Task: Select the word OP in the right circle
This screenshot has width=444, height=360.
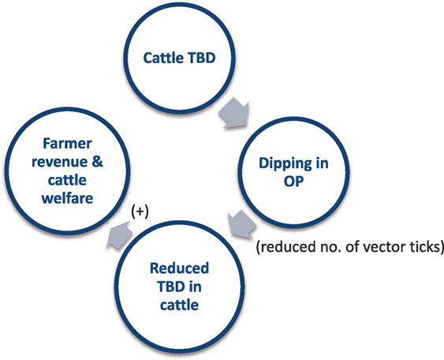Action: point(293,182)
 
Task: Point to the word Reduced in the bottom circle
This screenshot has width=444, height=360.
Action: point(179,268)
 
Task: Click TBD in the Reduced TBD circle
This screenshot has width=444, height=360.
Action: point(171,287)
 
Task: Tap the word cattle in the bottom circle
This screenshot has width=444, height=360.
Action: point(179,305)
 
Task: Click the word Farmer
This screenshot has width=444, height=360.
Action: point(67,144)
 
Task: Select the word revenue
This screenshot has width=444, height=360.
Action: point(59,163)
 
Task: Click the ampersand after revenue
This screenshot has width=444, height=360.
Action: point(98,162)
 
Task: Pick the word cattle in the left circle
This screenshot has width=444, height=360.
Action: point(67,180)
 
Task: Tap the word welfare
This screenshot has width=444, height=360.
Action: point(67,198)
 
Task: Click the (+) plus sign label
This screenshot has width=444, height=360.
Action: point(140,212)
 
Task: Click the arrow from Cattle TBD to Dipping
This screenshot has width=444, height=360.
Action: point(234,113)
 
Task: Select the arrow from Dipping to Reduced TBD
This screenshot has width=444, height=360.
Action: point(241,225)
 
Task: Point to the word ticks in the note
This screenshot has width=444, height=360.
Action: point(426,246)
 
